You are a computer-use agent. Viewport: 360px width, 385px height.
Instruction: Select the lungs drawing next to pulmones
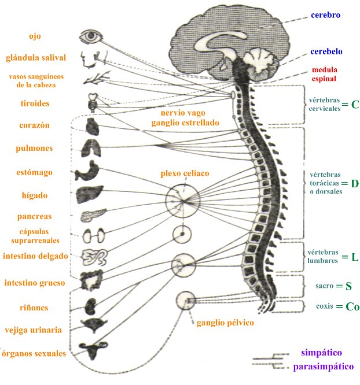(x=91, y=147)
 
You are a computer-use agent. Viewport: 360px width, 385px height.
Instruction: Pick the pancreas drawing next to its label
(x=91, y=216)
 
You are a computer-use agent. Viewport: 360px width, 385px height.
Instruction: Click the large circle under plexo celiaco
(x=182, y=200)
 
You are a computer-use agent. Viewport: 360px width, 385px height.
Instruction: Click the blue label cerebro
(x=325, y=14)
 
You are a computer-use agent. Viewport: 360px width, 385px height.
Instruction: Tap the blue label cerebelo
(x=326, y=52)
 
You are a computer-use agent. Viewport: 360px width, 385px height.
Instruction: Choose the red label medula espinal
(x=324, y=73)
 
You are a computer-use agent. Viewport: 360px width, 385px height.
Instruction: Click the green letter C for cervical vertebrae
(x=355, y=105)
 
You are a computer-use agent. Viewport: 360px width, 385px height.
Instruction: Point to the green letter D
(x=355, y=183)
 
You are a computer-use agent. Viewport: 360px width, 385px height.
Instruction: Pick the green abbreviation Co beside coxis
(x=352, y=306)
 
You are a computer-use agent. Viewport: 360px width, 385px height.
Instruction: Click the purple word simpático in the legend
(x=321, y=352)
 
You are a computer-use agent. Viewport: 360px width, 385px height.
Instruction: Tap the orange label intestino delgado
(x=35, y=256)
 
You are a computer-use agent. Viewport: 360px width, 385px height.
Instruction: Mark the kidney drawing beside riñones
(x=91, y=306)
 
